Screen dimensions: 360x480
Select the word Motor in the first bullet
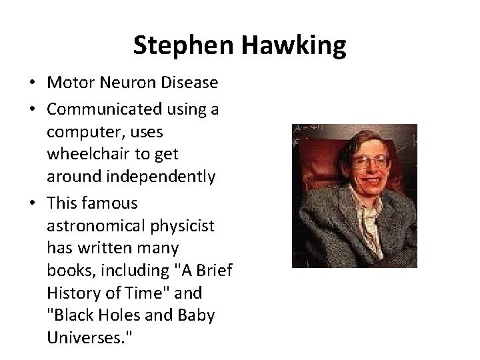(67, 83)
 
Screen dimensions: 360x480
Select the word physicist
(179, 225)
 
